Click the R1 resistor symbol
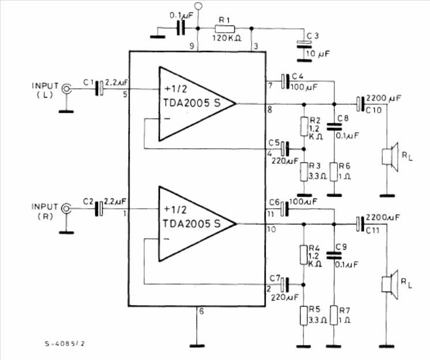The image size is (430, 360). tap(225, 29)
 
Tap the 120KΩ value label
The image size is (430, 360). tap(227, 38)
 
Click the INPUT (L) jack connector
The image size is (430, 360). tap(66, 89)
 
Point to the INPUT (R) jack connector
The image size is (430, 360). tap(66, 209)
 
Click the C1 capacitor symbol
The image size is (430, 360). tap(99, 88)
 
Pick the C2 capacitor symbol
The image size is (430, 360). tap(99, 209)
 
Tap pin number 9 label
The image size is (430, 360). tap(192, 46)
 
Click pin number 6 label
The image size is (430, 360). tap(201, 312)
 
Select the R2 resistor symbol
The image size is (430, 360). tap(304, 126)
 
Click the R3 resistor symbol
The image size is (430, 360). tap(304, 172)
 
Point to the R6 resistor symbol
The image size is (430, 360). tap(334, 172)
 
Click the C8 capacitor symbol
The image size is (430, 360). tap(334, 127)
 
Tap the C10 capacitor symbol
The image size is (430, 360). tap(361, 104)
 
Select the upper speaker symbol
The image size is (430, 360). tap(390, 157)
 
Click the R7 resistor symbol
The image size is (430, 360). tap(334, 316)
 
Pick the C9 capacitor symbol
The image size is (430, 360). tap(334, 255)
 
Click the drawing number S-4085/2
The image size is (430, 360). tap(65, 343)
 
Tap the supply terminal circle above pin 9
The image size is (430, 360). tap(198, 6)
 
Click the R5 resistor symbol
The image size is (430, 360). tap(304, 316)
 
